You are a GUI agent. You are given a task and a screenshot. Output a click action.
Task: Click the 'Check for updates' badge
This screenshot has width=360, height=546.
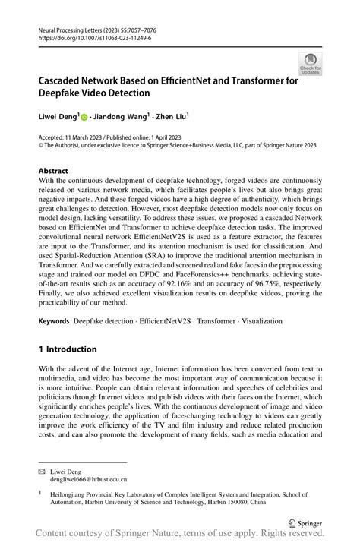(310, 64)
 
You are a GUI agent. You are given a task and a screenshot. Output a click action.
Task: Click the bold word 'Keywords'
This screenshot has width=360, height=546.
(55, 322)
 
